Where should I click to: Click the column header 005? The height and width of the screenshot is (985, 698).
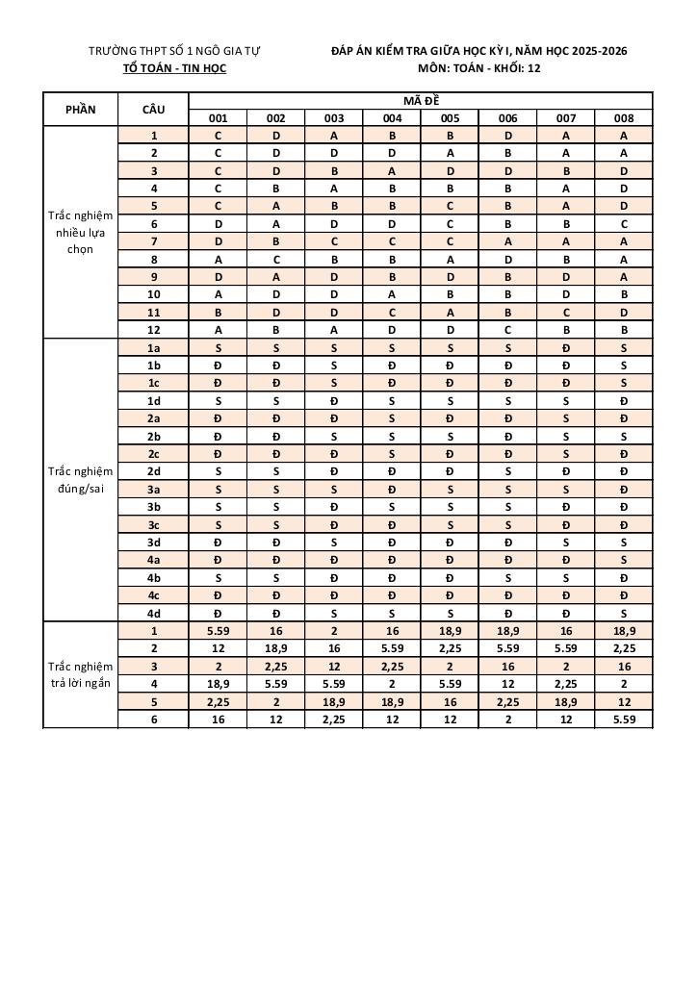click(450, 118)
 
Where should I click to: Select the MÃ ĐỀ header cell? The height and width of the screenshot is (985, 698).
click(421, 101)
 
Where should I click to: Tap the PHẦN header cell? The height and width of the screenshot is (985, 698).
click(81, 110)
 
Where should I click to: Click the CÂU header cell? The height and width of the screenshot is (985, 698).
click(153, 110)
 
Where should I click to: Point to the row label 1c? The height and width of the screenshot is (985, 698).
click(153, 383)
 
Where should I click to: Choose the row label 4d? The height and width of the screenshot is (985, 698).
click(153, 613)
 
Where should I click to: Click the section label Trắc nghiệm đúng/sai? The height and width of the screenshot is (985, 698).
click(81, 480)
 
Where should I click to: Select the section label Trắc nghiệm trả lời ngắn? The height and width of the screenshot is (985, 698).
click(81, 674)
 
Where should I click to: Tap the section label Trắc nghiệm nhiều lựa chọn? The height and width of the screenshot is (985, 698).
click(81, 232)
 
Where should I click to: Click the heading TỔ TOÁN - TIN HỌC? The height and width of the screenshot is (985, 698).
click(175, 68)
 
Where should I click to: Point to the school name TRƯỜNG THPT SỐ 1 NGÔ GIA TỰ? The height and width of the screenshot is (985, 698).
click(175, 50)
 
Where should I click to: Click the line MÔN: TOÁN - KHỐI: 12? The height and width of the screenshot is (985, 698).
click(478, 68)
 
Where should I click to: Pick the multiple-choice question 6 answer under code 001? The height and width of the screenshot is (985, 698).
click(218, 223)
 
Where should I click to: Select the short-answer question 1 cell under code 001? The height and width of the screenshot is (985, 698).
click(218, 631)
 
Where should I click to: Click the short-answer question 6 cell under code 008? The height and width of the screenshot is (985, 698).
click(624, 719)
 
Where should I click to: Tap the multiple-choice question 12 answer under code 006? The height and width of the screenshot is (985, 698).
click(508, 330)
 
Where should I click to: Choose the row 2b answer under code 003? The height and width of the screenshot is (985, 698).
click(334, 437)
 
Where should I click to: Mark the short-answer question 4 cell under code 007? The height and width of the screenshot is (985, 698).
click(566, 684)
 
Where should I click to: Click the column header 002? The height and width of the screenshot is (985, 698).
click(276, 118)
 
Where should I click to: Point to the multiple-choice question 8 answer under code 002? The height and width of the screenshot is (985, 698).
click(276, 259)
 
